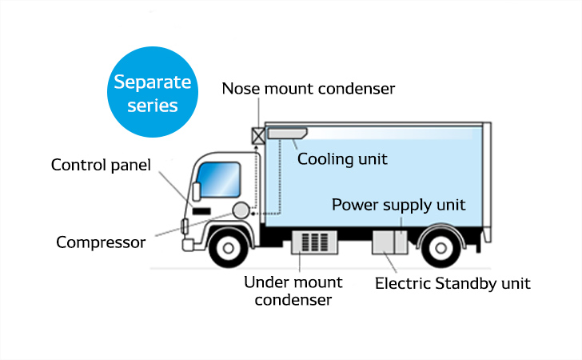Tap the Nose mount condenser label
click(308, 89)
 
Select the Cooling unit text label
click(342, 159)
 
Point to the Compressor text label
click(101, 242)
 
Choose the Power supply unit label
click(398, 204)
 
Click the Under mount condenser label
click(293, 291)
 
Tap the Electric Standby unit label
click(452, 282)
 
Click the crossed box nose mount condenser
click(258, 134)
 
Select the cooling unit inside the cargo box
click(288, 133)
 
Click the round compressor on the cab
click(241, 210)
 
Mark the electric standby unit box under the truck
click(391, 242)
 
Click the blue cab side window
click(220, 180)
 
